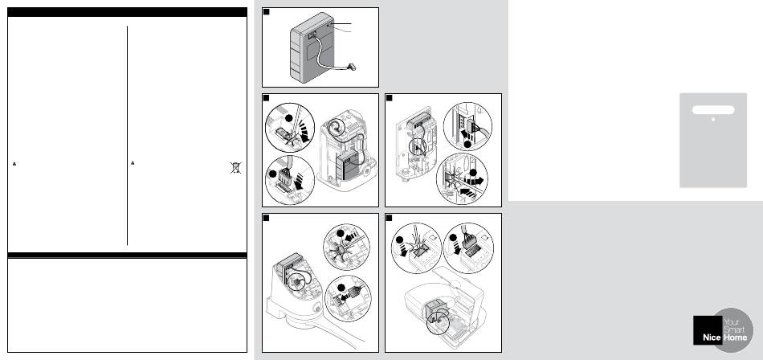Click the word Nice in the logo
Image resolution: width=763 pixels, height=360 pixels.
pos(712,337)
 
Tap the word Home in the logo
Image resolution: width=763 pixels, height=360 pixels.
pos(735,337)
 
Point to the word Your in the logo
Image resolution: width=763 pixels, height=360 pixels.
pos(732,322)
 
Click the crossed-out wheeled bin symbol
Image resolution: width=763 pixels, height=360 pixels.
pos(235,168)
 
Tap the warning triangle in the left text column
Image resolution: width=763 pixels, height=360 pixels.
pos(14,164)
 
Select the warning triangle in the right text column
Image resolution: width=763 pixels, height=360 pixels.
pos(133,162)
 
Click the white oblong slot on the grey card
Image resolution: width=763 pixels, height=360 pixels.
pos(713,110)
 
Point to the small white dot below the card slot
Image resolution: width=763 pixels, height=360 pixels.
pos(713,120)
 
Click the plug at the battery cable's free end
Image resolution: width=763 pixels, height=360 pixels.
pos(351,67)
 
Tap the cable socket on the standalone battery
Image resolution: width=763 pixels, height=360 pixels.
pos(312,35)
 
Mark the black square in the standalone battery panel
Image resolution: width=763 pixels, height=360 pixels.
pos(266,12)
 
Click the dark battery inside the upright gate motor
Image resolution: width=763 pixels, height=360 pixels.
pos(348,163)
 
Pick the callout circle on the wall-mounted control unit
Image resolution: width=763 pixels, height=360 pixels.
pos(417,146)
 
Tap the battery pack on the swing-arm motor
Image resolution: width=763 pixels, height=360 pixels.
pos(287,268)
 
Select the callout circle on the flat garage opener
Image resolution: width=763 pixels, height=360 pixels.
pos(439,322)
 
